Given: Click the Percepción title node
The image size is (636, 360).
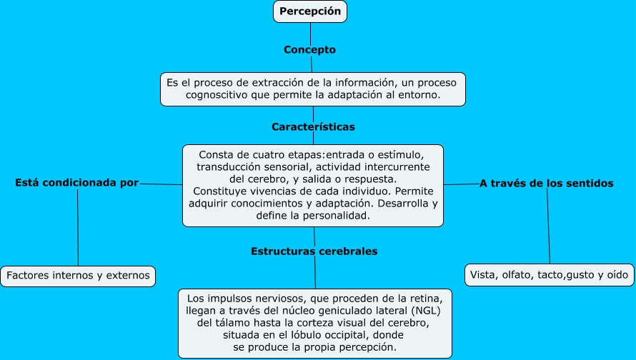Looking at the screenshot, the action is tap(310, 11).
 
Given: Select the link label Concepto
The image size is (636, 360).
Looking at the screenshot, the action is tap(309, 50).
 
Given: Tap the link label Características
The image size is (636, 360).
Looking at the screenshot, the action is tap(313, 127).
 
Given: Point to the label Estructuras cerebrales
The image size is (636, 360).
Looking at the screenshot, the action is tap(314, 251).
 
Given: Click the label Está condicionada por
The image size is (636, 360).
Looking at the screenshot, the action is tap(77, 183).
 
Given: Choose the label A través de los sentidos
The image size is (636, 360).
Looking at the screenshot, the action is tap(546, 184).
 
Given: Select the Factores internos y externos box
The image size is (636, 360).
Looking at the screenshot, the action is tap(78, 275).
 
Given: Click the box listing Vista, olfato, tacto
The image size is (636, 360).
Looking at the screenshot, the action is tap(549, 275).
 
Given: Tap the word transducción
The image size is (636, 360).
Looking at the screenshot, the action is tap(229, 166).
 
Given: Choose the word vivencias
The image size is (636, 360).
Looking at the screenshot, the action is tap(270, 191).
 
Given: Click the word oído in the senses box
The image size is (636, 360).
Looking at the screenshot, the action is tap(617, 275).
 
